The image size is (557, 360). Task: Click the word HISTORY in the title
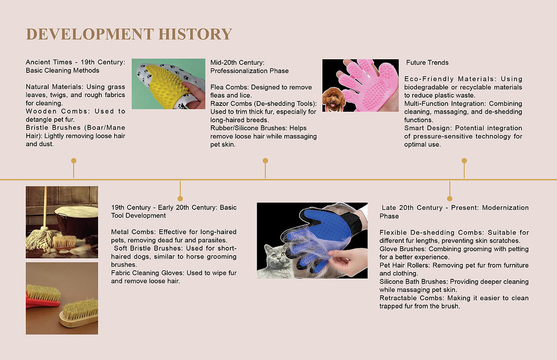point(195,34)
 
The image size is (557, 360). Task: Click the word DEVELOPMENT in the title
point(90,34)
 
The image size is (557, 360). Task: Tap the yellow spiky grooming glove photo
point(168,84)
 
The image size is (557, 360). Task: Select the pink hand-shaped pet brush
point(366,84)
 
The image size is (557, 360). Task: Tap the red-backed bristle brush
point(43,296)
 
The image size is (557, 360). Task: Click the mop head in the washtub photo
point(39,240)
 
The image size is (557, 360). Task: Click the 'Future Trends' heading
point(427,63)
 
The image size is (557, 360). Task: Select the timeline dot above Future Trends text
point(464,161)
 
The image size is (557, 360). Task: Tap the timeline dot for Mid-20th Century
point(265,161)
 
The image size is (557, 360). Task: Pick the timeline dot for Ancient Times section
point(73,161)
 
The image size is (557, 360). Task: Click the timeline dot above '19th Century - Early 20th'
point(180,198)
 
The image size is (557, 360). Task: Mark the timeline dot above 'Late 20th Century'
point(450,198)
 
